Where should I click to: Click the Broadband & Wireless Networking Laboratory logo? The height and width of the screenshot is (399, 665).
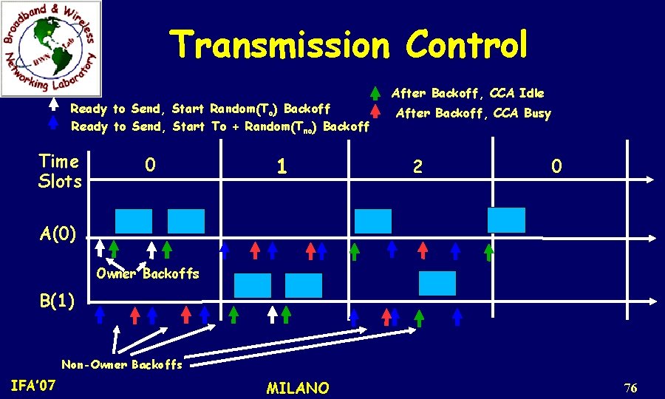coord(51,49)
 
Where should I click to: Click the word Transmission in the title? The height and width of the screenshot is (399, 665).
coord(279,45)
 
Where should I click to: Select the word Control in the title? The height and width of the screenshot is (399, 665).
coord(466,45)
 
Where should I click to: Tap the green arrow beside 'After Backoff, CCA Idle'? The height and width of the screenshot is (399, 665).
coord(375,94)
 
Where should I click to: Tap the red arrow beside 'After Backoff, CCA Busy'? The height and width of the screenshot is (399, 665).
coord(375,112)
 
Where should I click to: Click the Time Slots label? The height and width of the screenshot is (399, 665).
coord(60,171)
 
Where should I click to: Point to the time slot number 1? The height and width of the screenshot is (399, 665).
coord(282,167)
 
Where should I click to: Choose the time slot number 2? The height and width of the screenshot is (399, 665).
coord(417,168)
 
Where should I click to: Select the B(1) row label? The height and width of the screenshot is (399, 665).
coord(57,300)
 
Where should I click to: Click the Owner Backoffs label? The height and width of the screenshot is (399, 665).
coord(148,273)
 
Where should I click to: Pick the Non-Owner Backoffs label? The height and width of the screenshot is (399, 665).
coord(122,364)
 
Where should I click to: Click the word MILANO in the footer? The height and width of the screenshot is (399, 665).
coord(298,388)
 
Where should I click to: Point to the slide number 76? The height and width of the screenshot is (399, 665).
coord(630,389)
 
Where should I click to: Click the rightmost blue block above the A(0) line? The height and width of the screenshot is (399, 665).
coord(506,220)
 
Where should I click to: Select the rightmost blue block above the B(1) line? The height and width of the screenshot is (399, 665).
coord(437,284)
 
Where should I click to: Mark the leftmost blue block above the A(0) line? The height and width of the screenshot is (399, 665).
coord(134,222)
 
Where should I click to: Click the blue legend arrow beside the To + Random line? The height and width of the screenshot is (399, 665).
coord(53,124)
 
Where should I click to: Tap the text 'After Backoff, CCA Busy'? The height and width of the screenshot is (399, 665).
coord(474,113)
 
